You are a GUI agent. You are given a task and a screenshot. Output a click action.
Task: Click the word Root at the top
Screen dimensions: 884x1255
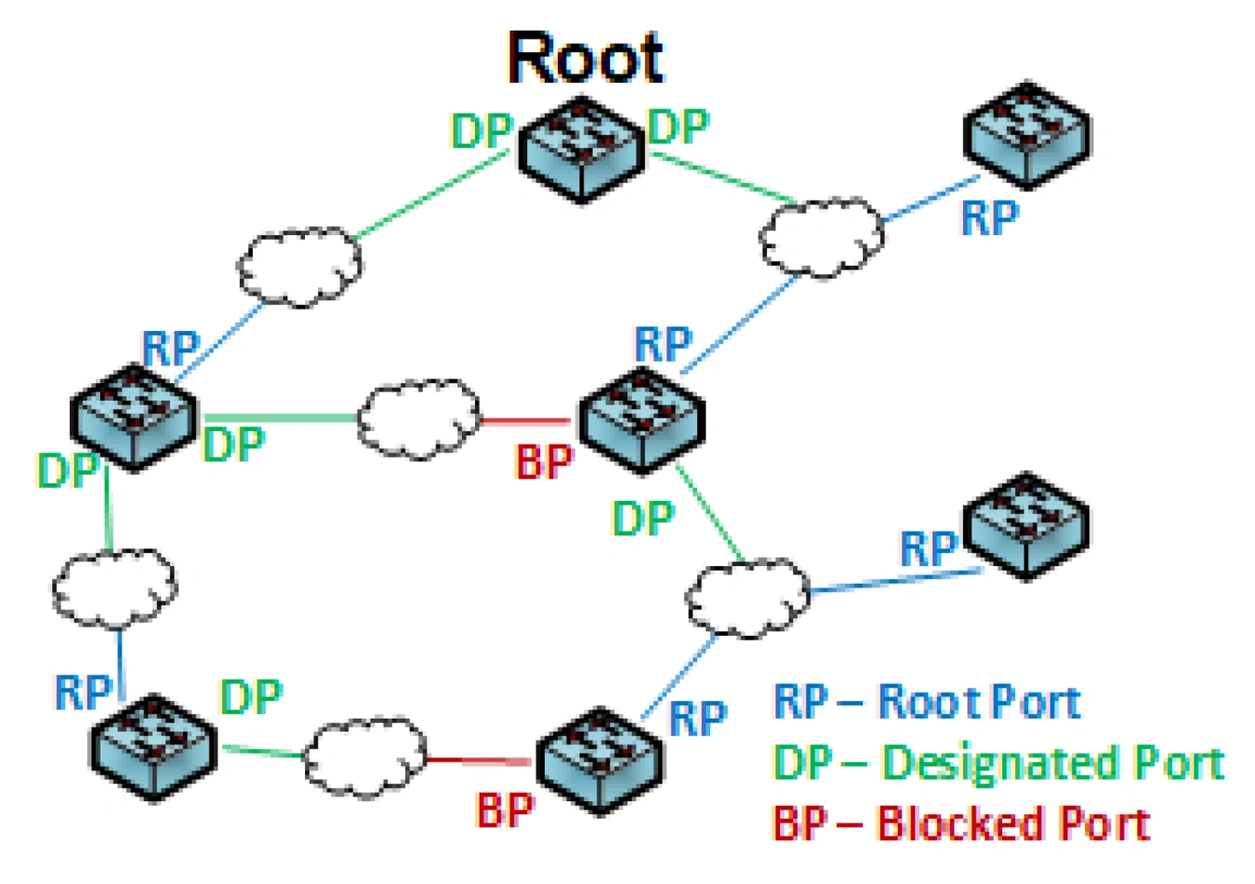coord(585,58)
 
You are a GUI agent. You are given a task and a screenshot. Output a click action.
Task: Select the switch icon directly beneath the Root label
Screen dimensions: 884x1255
coord(582,149)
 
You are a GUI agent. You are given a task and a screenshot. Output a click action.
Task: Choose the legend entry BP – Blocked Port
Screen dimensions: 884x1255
coord(961,824)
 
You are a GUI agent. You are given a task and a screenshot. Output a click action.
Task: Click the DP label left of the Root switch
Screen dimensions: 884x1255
coord(481,131)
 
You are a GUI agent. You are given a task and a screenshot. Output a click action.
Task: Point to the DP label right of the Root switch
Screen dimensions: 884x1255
coord(679,126)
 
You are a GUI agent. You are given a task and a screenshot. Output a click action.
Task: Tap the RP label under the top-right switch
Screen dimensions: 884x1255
coord(989,218)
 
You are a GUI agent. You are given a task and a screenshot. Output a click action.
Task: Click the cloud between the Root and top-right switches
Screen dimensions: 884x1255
coord(822,236)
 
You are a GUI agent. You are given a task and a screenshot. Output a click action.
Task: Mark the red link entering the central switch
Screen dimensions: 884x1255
coord(525,421)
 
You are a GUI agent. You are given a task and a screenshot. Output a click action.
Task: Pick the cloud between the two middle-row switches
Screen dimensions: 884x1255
coord(419,418)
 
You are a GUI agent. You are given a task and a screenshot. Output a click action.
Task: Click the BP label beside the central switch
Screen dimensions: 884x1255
coord(544,461)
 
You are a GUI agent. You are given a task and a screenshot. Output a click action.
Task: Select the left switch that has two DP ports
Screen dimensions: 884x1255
coord(134,417)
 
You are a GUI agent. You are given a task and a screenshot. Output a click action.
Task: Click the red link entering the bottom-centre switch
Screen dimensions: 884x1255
coord(479,761)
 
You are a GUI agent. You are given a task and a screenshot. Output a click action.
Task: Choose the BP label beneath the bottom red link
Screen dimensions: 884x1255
coord(505,810)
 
